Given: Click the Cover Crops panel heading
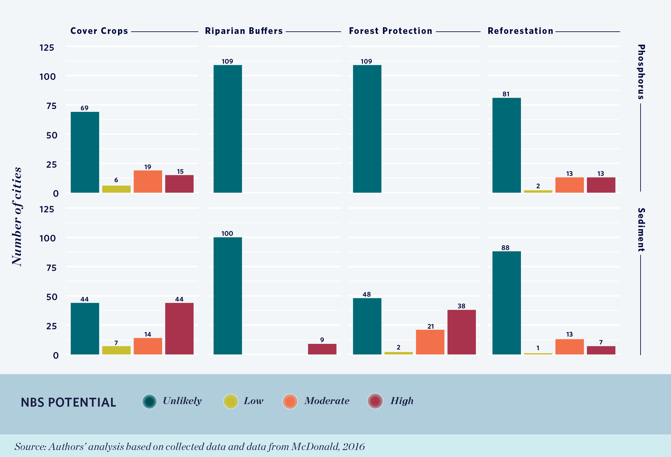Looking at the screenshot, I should [x=99, y=31].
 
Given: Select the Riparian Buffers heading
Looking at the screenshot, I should [x=244, y=31].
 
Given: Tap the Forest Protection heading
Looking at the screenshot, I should [x=391, y=31].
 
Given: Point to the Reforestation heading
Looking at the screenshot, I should [x=520, y=31].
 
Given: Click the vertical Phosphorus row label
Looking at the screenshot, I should [x=641, y=72].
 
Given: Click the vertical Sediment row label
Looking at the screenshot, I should [x=641, y=230].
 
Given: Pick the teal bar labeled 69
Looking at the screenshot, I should [x=85, y=152].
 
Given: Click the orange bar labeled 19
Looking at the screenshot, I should [x=148, y=182].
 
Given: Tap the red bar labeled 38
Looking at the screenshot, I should [x=462, y=332].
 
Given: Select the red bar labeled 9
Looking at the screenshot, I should [x=322, y=349].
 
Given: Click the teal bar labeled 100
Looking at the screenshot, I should [x=227, y=296].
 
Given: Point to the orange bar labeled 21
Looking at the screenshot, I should [x=430, y=342].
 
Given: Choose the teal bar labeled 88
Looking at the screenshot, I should [x=506, y=303].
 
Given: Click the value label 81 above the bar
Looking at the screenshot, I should [x=506, y=94].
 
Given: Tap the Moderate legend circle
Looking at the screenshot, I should [x=290, y=402].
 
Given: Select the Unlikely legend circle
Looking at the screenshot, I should [x=149, y=402].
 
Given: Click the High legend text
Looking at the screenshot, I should [x=402, y=401].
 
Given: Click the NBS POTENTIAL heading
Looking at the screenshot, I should [x=69, y=402].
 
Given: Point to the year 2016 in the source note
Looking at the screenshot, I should [x=353, y=447].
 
